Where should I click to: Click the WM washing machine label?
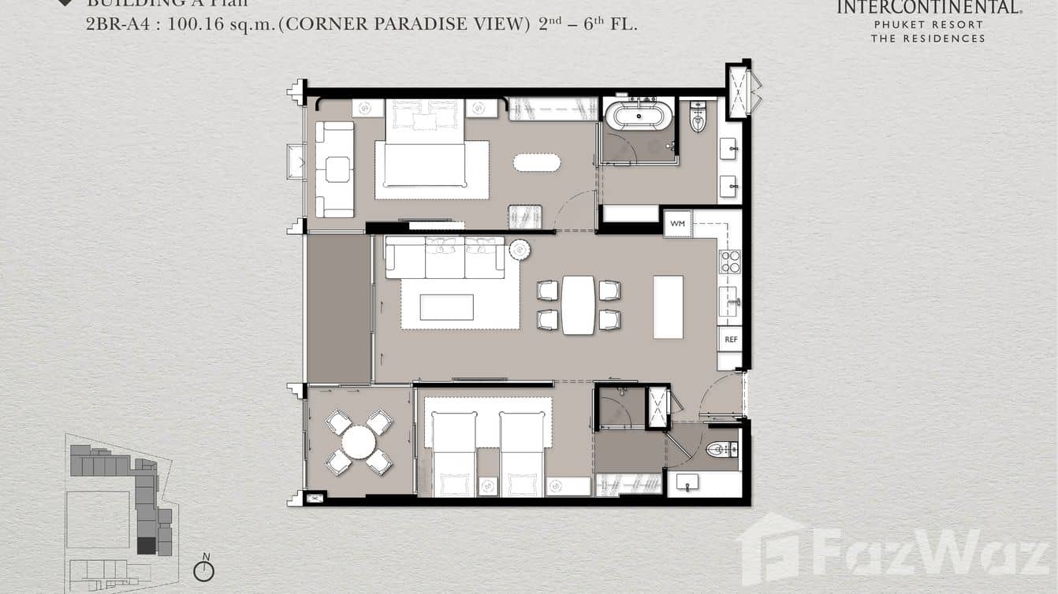[x=677, y=224]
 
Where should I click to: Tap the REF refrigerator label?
[x=730, y=339]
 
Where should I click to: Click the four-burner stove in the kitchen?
[x=730, y=261]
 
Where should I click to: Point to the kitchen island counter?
[x=668, y=306]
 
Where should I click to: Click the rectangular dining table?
[x=578, y=305]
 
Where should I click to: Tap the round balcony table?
[x=359, y=442]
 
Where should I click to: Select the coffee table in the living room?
[x=446, y=307]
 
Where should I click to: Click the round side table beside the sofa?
[x=520, y=250]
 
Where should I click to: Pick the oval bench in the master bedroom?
[x=537, y=162]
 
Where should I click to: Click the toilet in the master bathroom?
[x=699, y=117]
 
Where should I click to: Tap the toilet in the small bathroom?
[x=721, y=450]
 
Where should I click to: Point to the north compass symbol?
[x=203, y=570]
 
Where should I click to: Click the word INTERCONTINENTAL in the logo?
[x=928, y=8]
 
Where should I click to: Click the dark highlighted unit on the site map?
[x=146, y=545]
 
